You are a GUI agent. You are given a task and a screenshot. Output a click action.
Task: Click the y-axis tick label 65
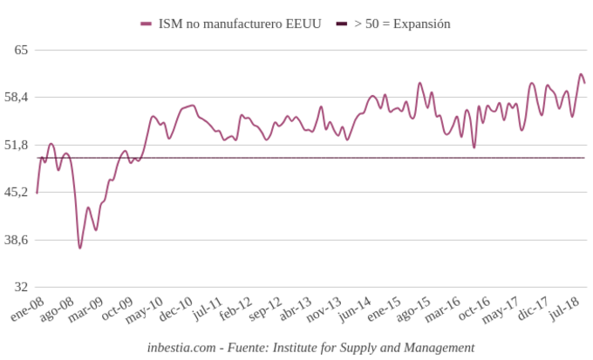click(21, 50)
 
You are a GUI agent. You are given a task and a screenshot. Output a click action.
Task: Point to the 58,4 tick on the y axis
click(17, 97)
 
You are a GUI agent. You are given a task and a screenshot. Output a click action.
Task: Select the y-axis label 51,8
click(17, 145)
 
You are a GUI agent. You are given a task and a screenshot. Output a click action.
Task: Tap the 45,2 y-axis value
click(17, 192)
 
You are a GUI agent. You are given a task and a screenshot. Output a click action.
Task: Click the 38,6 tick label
click(17, 240)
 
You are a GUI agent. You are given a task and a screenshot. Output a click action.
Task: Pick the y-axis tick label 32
click(21, 287)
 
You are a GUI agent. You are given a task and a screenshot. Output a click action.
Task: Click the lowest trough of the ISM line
click(79, 248)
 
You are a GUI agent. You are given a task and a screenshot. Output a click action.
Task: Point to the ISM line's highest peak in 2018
click(582, 74)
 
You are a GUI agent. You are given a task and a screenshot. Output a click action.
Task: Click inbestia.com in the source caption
click(181, 347)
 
